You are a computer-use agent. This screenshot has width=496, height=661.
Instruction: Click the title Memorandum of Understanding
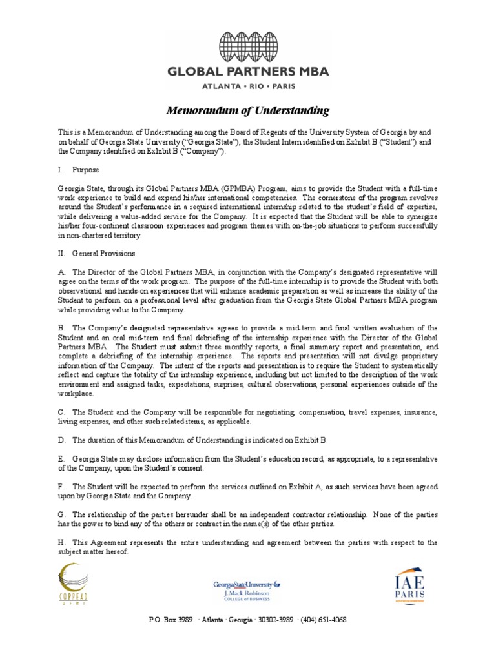tap(247, 111)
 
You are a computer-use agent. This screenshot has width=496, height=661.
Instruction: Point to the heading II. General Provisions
tap(96, 253)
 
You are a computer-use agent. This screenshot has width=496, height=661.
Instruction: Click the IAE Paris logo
tap(414, 585)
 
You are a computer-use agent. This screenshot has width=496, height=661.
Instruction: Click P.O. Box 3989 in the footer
tap(170, 620)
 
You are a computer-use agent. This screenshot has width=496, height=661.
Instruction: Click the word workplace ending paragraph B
tap(76, 393)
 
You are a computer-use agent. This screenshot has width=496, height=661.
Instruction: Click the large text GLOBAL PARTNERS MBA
tap(247, 72)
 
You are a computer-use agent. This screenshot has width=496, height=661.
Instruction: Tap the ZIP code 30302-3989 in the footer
tap(275, 620)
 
